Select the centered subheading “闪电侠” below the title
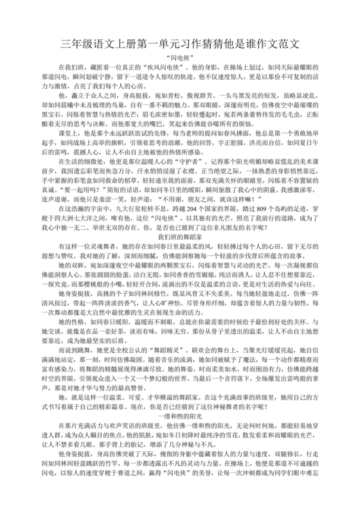click(x=180, y=58)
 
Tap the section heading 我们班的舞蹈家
click(x=180, y=237)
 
